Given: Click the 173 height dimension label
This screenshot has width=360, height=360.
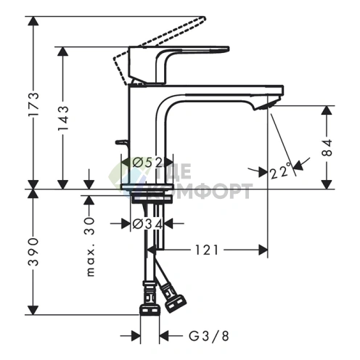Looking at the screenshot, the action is pos(33,105).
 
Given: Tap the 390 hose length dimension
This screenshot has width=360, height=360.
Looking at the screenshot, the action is pos(33,252).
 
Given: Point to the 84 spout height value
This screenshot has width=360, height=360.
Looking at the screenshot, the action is pos(327,147).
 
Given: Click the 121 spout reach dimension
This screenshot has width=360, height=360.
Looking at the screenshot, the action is pos(207,250).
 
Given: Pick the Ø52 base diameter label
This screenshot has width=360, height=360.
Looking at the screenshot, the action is pos(147,163).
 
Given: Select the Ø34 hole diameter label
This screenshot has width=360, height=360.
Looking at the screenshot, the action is pos(147,225).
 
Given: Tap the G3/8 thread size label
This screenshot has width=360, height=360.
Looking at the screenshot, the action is pos(209,336).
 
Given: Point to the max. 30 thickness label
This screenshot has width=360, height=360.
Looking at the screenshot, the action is pos(90,247).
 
